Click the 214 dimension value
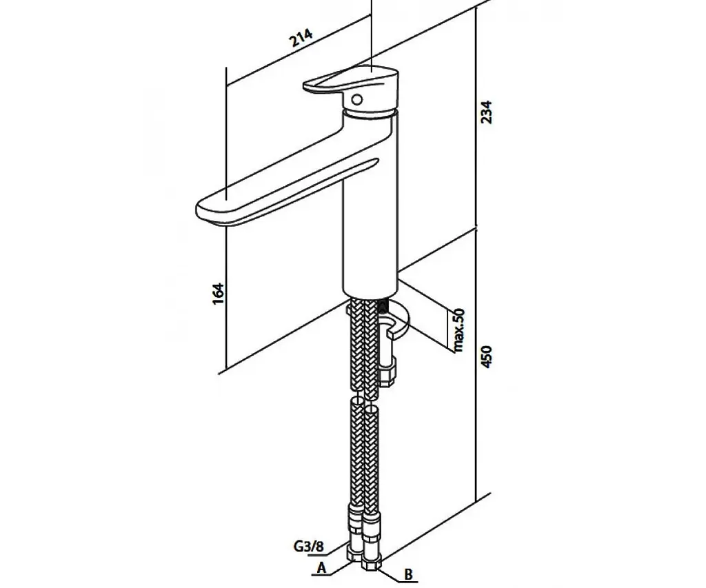click(x=301, y=38)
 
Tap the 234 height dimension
click(x=487, y=112)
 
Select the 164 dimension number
click(x=218, y=294)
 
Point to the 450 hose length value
click(x=487, y=356)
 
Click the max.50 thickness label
click(x=458, y=330)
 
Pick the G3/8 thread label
click(x=309, y=547)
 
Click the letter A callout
click(x=321, y=568)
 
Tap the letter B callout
click(x=408, y=574)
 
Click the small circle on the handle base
click(x=357, y=99)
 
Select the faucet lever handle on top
click(x=351, y=81)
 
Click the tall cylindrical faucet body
click(x=370, y=203)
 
